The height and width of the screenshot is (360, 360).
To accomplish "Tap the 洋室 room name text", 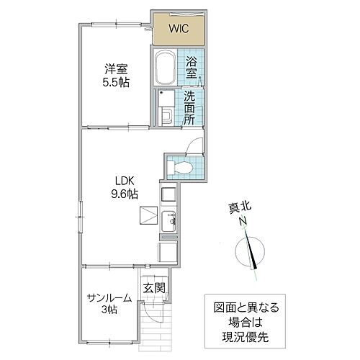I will tap(116, 69).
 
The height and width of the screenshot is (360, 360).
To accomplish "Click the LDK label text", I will tap(121, 181).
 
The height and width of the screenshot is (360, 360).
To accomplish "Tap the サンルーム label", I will tap(109, 297).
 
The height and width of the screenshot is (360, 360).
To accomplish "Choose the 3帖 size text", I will tap(109, 310).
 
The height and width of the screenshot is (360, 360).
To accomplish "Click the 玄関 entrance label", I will tap(153, 288).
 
